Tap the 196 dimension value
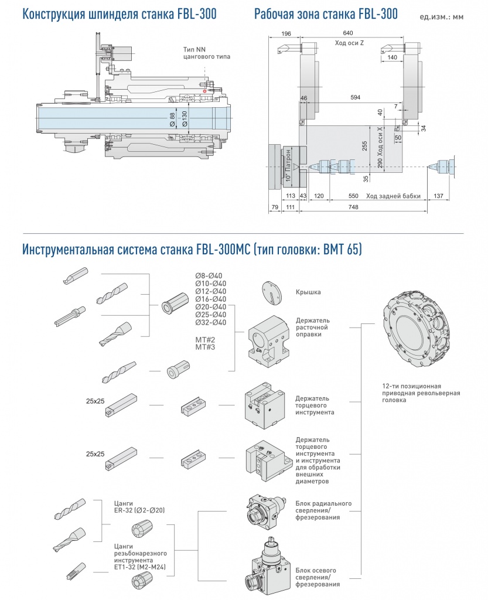[x=286, y=33]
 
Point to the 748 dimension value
[x=353, y=207]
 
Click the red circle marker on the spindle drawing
[x=204, y=91]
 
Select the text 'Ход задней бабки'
[x=393, y=196]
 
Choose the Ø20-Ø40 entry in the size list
[x=210, y=306]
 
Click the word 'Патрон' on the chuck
[x=288, y=165]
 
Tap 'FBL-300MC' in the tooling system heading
[x=220, y=250]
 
